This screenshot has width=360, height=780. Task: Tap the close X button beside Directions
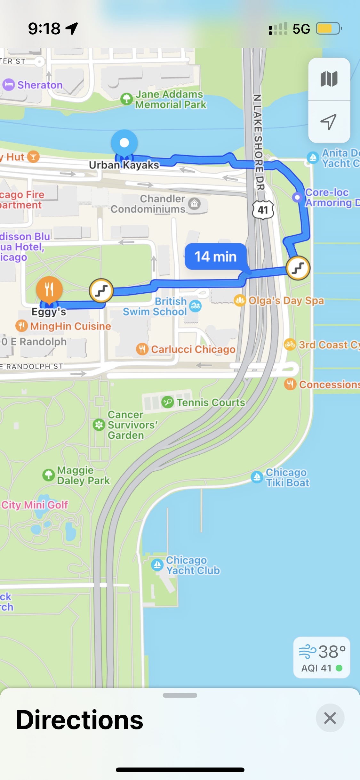pyautogui.click(x=330, y=718)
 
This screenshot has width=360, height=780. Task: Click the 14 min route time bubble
pyautogui.click(x=216, y=256)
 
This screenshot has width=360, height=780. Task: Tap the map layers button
pyautogui.click(x=329, y=79)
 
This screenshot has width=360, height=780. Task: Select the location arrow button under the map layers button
pyautogui.click(x=329, y=122)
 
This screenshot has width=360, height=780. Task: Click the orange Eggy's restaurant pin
pyautogui.click(x=49, y=289)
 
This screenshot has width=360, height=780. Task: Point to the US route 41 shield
pyautogui.click(x=263, y=210)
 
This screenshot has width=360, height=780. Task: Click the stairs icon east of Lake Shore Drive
pyautogui.click(x=298, y=268)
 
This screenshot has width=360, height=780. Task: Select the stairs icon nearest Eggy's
pyautogui.click(x=101, y=291)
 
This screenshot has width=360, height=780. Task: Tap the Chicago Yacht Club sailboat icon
pyautogui.click(x=157, y=565)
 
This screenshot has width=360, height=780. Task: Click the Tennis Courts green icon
pyautogui.click(x=167, y=402)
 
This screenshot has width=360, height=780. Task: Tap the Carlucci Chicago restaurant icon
pyautogui.click(x=142, y=349)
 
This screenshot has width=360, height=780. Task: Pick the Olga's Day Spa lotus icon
pyautogui.click(x=240, y=300)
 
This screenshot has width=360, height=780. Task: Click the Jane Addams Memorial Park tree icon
pyautogui.click(x=127, y=99)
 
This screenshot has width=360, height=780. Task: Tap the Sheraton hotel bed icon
pyautogui.click(x=9, y=85)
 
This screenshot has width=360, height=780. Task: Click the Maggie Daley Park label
pyautogui.click(x=83, y=475)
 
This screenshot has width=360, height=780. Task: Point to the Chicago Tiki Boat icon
pyautogui.click(x=257, y=477)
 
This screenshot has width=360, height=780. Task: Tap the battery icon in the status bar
pyautogui.click(x=329, y=28)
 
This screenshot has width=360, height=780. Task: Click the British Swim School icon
pyautogui.click(x=195, y=306)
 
